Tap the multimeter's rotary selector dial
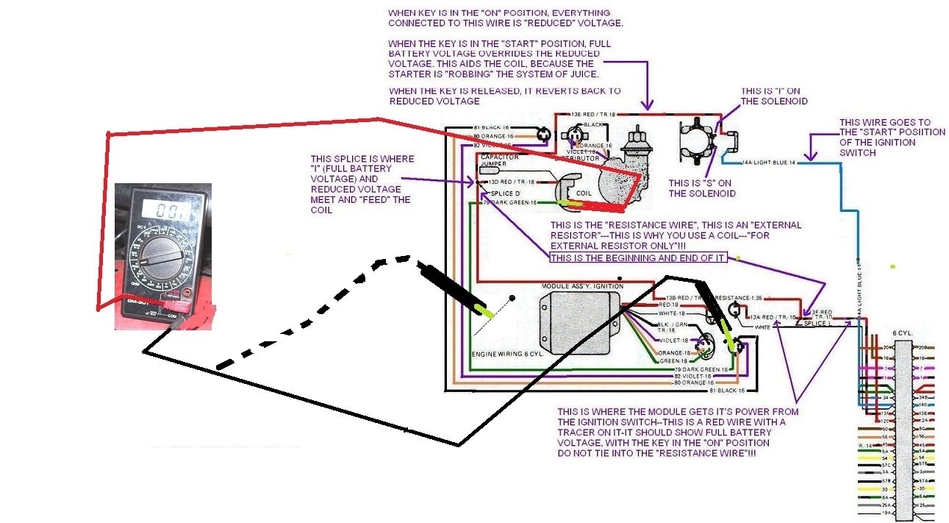pyautogui.click(x=163, y=255)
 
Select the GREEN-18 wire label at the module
pyautogui.click(x=673, y=361)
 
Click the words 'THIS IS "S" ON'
pyautogui.click(x=701, y=182)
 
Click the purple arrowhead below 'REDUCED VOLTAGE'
pyautogui.click(x=648, y=107)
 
